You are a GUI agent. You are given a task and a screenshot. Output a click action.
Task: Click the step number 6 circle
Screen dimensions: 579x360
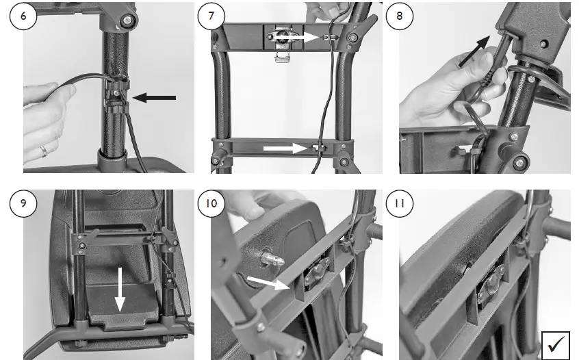[x=23, y=16]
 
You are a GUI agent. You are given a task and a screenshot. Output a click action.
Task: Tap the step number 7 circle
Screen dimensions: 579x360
[x=211, y=16]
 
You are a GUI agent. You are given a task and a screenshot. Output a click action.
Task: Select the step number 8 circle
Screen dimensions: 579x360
[x=400, y=16]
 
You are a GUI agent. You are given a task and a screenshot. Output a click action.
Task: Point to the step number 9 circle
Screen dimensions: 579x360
[x=23, y=203]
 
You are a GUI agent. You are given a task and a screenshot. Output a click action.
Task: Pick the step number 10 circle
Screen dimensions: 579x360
[x=211, y=203]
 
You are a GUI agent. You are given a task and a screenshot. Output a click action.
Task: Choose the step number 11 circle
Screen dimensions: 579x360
[x=400, y=203]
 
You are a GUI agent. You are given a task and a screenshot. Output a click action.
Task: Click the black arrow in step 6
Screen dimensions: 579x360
[x=154, y=98]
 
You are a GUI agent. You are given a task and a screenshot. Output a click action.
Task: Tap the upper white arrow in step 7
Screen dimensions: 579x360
[x=296, y=37]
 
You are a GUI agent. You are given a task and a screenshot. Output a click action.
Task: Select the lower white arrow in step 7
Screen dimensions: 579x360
[x=285, y=149]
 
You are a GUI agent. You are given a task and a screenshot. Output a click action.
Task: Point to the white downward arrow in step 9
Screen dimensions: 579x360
[x=120, y=290]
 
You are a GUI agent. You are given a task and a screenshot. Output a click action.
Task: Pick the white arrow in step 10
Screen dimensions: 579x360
[x=268, y=283]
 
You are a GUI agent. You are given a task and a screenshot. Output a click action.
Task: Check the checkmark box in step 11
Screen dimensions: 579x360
[x=556, y=344]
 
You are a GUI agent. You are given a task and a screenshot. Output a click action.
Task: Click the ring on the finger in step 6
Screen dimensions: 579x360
[x=44, y=151]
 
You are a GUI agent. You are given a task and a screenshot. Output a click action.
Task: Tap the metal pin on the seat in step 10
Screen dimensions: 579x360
[x=272, y=260]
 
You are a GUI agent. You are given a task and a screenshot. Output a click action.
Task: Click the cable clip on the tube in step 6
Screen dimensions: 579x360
[x=118, y=94]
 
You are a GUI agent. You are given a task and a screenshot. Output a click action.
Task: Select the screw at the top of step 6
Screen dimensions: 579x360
[x=127, y=20]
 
